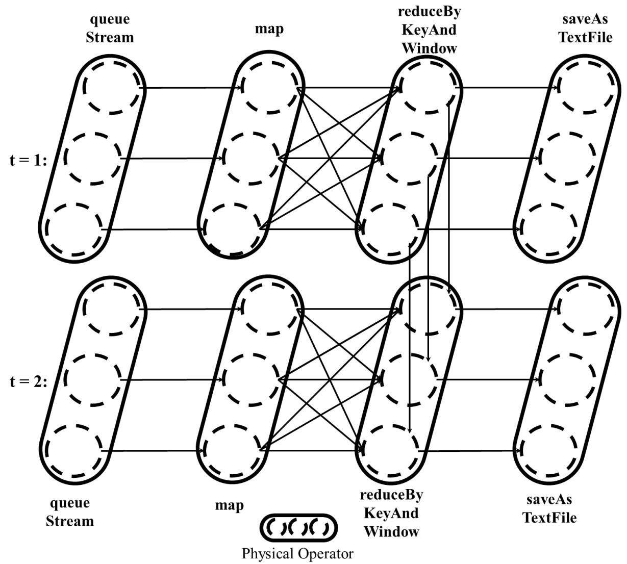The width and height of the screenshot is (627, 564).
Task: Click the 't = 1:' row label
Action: click(x=28, y=161)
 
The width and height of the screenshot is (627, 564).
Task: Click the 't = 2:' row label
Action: click(x=28, y=382)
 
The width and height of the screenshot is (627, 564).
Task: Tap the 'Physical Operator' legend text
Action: click(x=297, y=554)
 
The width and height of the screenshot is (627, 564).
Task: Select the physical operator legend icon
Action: click(x=299, y=528)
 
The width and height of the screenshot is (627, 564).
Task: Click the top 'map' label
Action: click(x=269, y=29)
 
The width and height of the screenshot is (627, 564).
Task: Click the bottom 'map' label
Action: click(x=230, y=505)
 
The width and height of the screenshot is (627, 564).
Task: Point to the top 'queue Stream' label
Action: click(x=110, y=29)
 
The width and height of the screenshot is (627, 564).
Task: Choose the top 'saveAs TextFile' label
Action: click(x=585, y=29)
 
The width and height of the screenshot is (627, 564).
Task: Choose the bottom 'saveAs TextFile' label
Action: click(x=549, y=509)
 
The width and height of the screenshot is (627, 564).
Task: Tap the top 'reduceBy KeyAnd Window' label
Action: click(x=430, y=30)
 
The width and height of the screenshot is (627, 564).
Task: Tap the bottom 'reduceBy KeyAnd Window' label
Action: click(x=391, y=514)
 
